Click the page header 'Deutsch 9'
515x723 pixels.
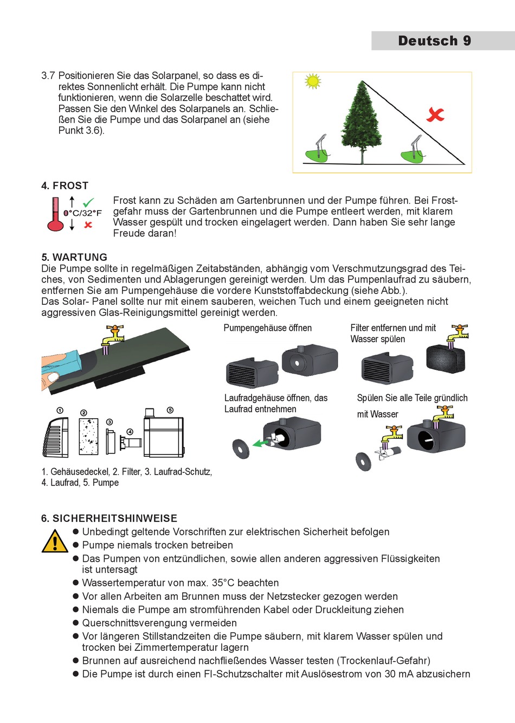click(x=434, y=41)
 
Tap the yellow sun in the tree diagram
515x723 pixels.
click(x=312, y=81)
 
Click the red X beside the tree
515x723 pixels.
click(x=435, y=114)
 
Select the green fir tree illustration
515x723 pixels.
click(x=362, y=120)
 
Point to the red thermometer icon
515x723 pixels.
click(x=55, y=214)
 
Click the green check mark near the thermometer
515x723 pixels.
click(x=88, y=203)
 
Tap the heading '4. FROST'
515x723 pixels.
click(x=65, y=185)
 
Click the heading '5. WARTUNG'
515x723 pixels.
click(x=74, y=257)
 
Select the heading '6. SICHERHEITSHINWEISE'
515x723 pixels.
click(x=109, y=518)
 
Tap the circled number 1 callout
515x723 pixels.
click(x=60, y=410)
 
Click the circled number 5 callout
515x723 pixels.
click(x=170, y=410)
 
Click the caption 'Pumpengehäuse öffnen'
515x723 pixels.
click(x=267, y=328)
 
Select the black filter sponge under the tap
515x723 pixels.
click(x=446, y=358)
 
